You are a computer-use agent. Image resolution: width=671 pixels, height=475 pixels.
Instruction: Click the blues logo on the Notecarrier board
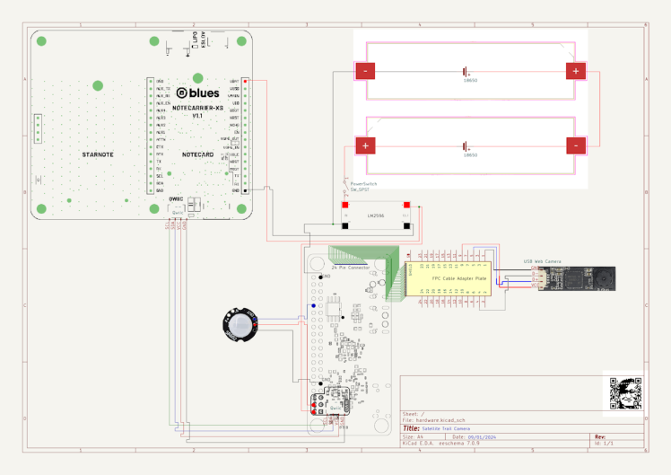click(x=198, y=92)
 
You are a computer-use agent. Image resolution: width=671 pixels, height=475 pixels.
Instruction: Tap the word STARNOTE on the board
click(x=97, y=154)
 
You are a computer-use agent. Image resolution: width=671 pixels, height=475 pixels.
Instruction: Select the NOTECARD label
click(x=197, y=154)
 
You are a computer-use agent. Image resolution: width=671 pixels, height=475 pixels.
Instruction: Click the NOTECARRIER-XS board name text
click(x=197, y=107)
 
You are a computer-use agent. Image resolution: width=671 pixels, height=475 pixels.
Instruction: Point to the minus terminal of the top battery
click(x=365, y=71)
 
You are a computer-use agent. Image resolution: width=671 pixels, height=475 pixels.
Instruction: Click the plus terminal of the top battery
click(x=575, y=71)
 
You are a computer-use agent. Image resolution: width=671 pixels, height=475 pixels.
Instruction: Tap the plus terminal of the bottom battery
click(x=366, y=145)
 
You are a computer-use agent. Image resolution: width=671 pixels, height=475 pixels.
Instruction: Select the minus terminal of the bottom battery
click(x=575, y=145)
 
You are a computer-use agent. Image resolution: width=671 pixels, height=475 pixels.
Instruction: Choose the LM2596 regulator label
click(x=376, y=216)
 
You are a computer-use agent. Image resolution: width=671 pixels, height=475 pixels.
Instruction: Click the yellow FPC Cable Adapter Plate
click(x=449, y=279)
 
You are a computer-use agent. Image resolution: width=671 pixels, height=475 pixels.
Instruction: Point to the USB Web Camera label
click(x=542, y=261)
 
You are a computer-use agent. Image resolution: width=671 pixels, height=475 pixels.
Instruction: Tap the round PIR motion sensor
click(x=241, y=326)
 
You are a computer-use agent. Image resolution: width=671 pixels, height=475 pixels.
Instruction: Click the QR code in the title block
click(x=626, y=394)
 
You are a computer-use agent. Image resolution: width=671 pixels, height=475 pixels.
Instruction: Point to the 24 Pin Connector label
click(x=351, y=267)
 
